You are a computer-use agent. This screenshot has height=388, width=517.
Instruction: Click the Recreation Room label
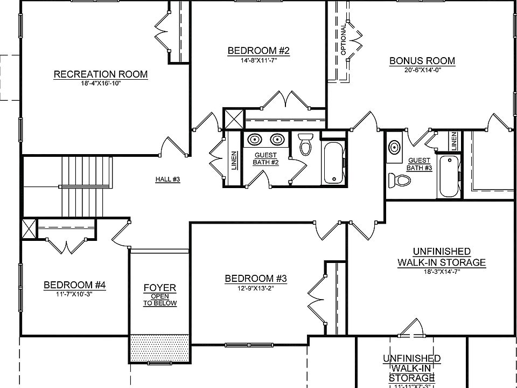tap(100, 74)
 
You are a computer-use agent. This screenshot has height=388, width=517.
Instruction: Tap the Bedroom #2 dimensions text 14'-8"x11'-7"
tap(258, 60)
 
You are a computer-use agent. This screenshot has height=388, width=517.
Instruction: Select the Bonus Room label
tap(422, 61)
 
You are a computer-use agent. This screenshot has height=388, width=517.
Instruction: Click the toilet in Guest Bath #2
tap(305, 144)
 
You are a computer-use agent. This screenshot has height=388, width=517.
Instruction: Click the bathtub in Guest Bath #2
tap(333, 163)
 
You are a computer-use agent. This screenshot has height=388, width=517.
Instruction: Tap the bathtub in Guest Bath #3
tap(449, 176)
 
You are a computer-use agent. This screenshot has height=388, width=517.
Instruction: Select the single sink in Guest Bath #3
tap(395, 147)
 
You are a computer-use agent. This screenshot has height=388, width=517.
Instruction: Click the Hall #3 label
tap(167, 179)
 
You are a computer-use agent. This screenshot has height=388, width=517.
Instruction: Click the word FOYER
tap(159, 288)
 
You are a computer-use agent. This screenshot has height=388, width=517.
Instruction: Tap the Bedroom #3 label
tap(255, 279)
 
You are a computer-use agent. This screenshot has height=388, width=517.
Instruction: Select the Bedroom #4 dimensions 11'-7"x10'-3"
tap(74, 294)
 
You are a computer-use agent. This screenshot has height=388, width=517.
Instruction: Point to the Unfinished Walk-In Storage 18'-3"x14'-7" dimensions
tap(441, 272)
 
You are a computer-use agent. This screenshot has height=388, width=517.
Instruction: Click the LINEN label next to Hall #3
tap(234, 160)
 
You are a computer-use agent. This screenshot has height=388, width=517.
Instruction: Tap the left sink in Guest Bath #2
tap(254, 140)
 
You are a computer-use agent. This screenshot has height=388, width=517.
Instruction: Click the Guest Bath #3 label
tap(420, 164)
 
